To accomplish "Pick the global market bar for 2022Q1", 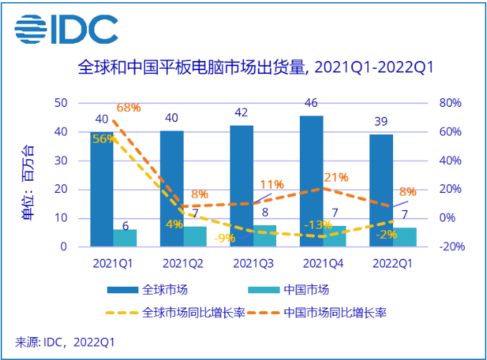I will pos(382,190).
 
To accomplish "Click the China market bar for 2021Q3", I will pos(265,236).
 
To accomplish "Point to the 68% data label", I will pos(128,108).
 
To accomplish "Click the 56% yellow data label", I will pos(103,139).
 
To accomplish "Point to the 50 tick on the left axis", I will pos(61,103).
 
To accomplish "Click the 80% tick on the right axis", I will pos(450,103).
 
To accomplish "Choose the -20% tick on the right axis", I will pos(451,247).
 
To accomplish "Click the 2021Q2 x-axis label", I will pos(183,263).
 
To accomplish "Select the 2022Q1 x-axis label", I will pos(393,263).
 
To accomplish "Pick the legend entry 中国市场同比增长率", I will pos(336,313).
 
